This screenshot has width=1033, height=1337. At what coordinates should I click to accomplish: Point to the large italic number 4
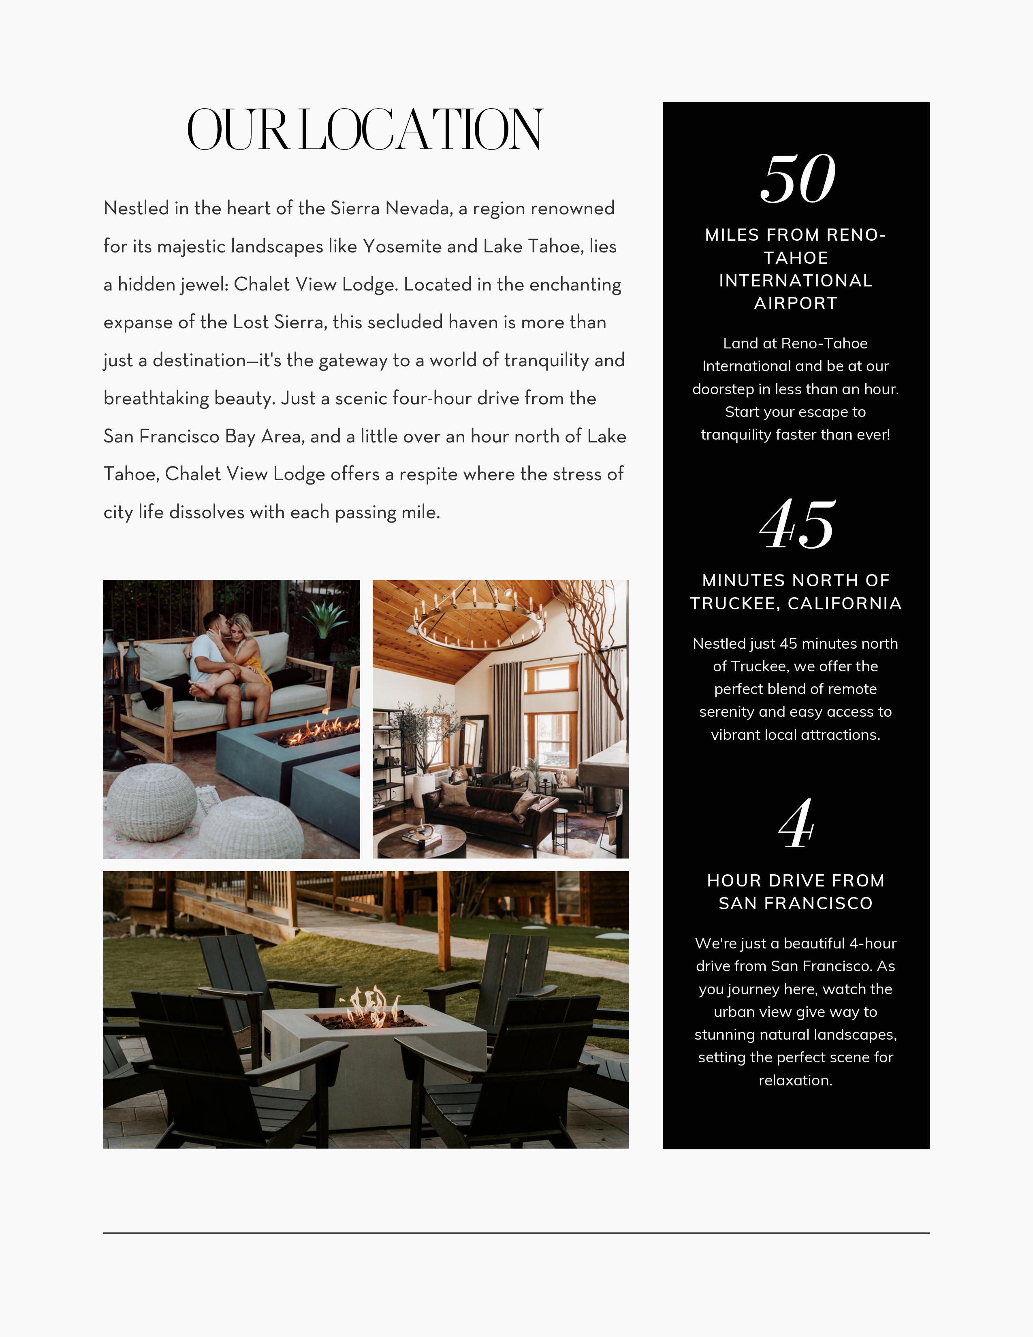click(796, 824)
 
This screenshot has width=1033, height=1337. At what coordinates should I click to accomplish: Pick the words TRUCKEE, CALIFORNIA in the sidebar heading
click(796, 604)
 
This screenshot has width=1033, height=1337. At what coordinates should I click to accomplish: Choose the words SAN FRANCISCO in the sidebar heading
click(796, 903)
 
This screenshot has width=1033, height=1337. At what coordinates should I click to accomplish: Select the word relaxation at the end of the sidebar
click(794, 1081)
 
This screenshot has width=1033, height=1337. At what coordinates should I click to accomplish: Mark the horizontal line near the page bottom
click(516, 1232)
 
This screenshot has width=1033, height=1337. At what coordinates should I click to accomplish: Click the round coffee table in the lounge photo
click(422, 842)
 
